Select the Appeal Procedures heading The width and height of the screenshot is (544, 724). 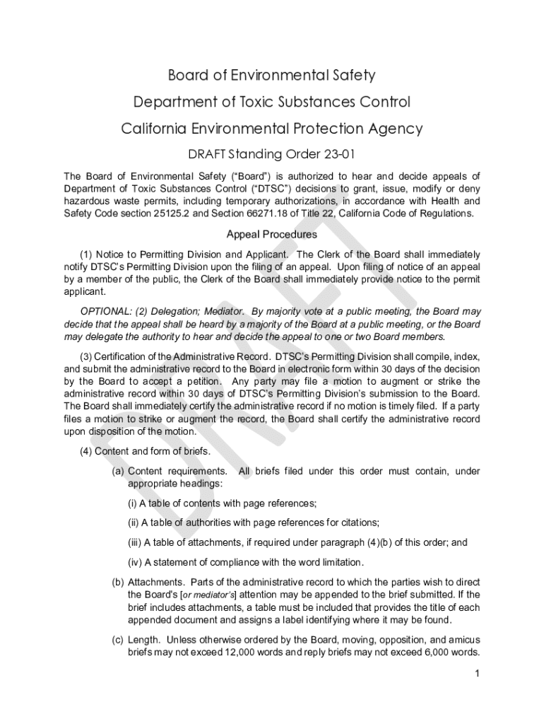coord(271,234)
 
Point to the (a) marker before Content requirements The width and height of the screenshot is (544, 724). coord(118,471)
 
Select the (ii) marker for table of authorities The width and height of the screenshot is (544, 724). coord(133,522)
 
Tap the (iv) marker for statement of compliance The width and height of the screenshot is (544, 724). coord(134,562)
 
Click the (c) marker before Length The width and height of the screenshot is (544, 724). coord(118,640)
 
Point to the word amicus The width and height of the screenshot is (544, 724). coord(463,640)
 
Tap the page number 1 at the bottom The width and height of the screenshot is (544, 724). coord(478,674)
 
